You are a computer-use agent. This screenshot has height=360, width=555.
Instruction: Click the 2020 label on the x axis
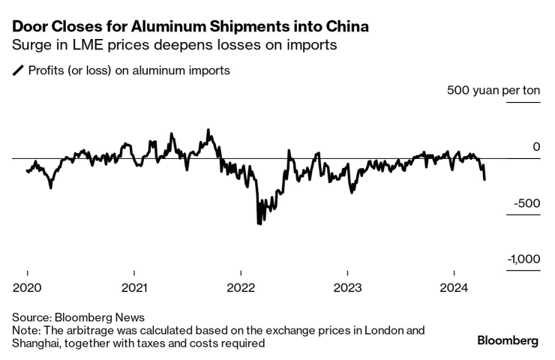[27, 287]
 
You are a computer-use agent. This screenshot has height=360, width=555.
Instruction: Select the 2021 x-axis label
[134, 287]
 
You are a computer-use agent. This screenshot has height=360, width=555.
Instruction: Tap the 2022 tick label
[241, 287]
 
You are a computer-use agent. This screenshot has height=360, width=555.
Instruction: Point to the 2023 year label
[347, 287]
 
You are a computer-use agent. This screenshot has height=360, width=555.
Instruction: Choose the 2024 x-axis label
[454, 287]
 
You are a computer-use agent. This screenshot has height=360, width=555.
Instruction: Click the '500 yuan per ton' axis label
[493, 90]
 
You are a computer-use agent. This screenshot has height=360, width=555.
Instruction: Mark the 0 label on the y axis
[535, 146]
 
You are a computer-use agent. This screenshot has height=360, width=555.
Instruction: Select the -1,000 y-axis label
[523, 259]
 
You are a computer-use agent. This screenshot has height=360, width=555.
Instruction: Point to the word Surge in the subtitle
[31, 46]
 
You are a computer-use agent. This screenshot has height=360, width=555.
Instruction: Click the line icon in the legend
[17, 71]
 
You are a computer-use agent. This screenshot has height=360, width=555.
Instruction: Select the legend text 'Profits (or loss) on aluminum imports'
[128, 70]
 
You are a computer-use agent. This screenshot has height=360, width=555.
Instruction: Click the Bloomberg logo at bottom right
[508, 340]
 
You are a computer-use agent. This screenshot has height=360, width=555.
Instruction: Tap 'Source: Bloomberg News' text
[79, 317]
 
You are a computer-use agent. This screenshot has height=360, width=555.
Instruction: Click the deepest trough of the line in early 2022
[259, 224]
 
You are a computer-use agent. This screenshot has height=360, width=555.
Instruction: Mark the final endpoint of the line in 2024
[484, 179]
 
